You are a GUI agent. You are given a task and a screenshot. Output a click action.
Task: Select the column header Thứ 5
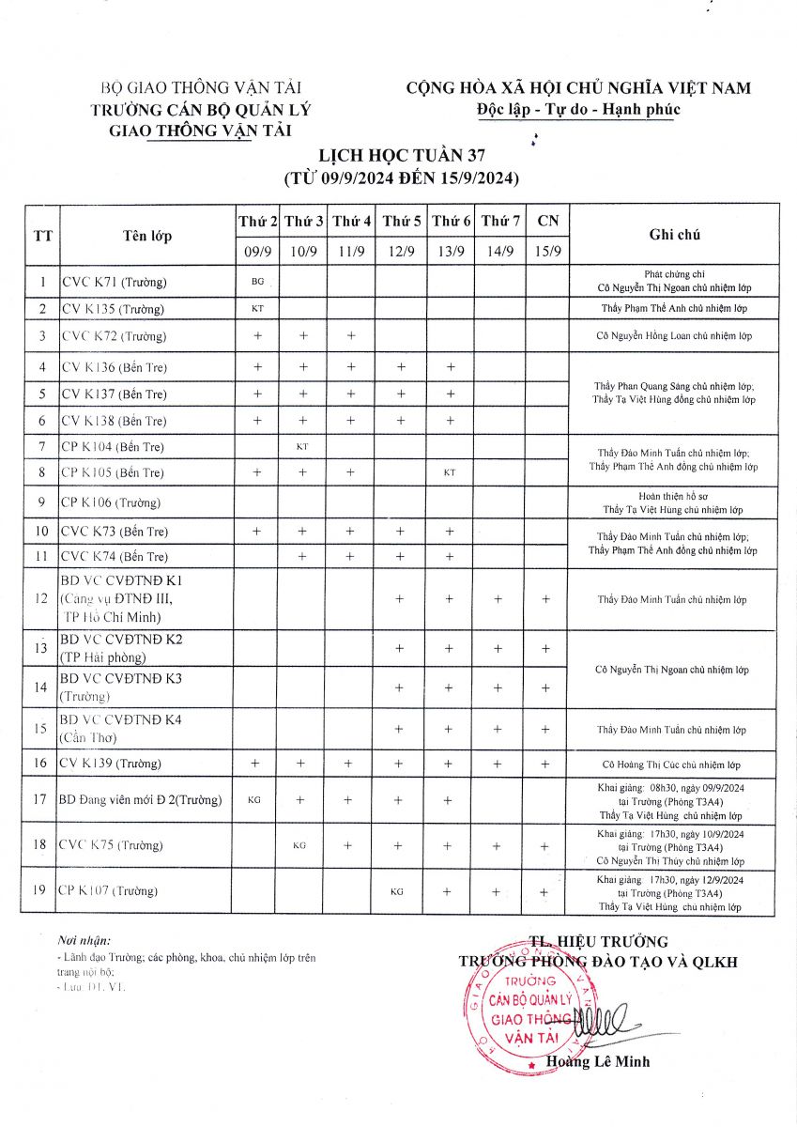coord(402,222)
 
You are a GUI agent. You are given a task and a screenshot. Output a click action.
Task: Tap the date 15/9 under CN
coord(547,251)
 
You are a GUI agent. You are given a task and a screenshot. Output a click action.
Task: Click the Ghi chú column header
coord(673,235)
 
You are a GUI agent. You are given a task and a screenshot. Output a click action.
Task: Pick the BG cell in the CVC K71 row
coord(257,281)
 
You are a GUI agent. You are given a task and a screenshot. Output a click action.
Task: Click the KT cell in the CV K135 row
coord(257,308)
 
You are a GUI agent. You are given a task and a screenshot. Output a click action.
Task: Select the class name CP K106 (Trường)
coord(110,502)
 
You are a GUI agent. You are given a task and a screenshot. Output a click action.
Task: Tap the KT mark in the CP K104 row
coord(302,446)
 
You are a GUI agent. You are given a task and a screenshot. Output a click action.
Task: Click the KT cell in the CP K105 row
coord(450,472)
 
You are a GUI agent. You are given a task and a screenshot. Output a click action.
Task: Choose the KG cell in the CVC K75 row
coord(299,845)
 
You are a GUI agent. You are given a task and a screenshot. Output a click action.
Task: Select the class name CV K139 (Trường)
coord(111,763)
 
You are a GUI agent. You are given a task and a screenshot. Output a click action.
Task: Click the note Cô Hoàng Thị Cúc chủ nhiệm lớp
coord(671,764)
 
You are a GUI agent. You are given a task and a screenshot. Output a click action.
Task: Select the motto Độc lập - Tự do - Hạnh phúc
coord(578,110)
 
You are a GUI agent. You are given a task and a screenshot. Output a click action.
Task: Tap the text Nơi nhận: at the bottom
coord(84,939)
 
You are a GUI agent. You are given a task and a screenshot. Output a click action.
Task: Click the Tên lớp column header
coord(147,236)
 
